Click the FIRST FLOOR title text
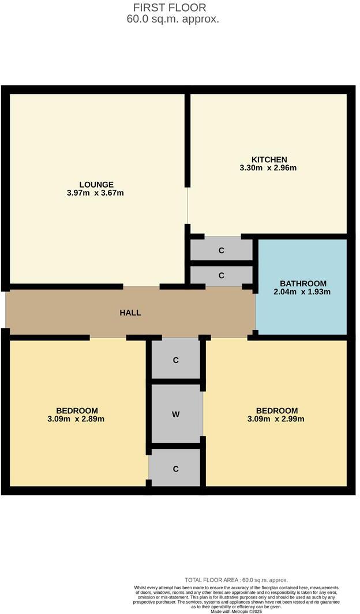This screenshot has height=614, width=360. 170,8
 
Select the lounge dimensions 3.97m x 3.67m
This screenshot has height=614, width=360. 96,193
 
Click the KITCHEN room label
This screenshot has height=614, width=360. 269,159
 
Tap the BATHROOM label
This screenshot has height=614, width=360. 303,283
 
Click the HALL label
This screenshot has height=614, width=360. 130,313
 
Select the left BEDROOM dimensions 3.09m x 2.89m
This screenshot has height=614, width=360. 76,419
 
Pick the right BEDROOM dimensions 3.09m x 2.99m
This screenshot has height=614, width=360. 276,419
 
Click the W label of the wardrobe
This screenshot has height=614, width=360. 176,414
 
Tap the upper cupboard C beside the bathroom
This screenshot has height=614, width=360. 222,250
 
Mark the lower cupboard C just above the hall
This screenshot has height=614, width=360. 222,275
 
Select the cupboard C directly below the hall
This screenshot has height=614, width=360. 176,360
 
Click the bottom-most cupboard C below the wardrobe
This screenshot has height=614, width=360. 176,469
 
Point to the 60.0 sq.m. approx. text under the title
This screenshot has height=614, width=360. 173,19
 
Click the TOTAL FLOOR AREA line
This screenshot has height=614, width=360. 236,580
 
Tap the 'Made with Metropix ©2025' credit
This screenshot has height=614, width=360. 237,611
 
